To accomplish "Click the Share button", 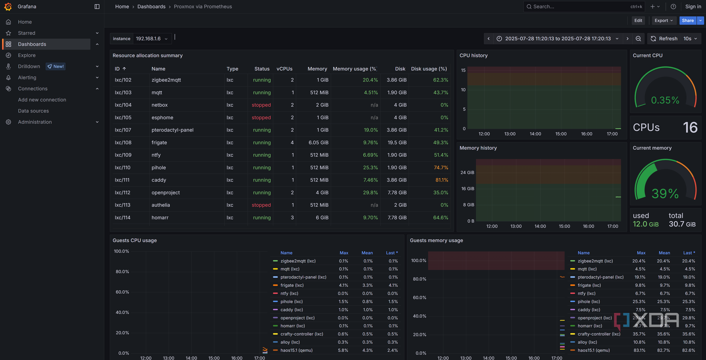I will click(687, 21).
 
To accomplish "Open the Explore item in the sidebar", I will click(27, 55).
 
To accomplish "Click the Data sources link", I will click(33, 111).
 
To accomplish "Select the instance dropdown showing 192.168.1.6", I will click(151, 39).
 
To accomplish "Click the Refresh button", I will click(664, 39).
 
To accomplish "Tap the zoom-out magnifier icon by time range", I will click(638, 39).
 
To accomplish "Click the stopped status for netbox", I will click(261, 105).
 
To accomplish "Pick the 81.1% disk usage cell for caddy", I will click(441, 180).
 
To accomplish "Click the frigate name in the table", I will click(159, 143).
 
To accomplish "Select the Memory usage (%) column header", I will click(354, 69).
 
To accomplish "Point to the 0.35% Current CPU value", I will click(665, 100).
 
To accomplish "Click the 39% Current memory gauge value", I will click(665, 193).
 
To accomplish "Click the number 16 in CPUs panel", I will click(690, 128).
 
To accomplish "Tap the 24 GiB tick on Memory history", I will click(467, 173).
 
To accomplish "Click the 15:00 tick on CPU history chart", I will click(561, 134).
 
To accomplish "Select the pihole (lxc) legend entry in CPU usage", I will click(292, 302).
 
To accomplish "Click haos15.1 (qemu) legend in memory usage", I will click(594, 351).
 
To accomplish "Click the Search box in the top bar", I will click(578, 6).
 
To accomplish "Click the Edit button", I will click(638, 21).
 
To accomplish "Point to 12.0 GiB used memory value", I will click(645, 224).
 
